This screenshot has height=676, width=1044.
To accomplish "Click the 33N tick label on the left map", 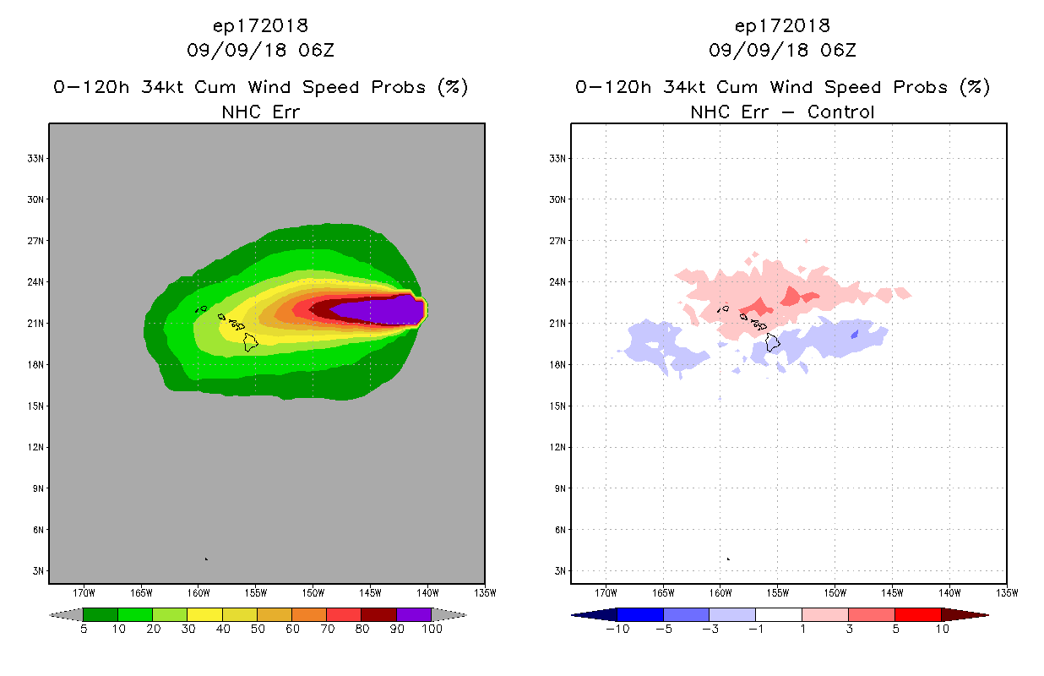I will pyautogui.click(x=37, y=158).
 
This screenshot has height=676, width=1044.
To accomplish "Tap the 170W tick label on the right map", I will pyautogui.click(x=606, y=592).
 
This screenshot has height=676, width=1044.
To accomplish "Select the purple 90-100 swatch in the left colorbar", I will pyautogui.click(x=414, y=614).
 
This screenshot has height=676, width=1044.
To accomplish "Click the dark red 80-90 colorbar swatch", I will pyautogui.click(x=378, y=614).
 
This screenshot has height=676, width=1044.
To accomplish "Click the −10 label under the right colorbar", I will pyautogui.click(x=617, y=629).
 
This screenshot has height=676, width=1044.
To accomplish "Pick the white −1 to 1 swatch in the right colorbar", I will pyautogui.click(x=778, y=614).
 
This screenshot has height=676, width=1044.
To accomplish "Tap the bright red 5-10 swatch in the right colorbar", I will pyautogui.click(x=917, y=614).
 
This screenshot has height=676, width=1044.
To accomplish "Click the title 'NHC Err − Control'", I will pyautogui.click(x=782, y=112).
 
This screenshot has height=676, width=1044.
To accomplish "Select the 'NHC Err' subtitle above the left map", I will pyautogui.click(x=259, y=112).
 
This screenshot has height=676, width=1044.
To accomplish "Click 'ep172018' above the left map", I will pyautogui.click(x=260, y=25).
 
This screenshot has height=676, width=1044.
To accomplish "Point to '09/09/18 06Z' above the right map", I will pyautogui.click(x=782, y=51).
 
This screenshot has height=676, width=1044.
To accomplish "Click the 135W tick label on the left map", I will pyautogui.click(x=484, y=592).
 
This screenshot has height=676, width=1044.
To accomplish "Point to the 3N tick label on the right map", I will pyautogui.click(x=559, y=571).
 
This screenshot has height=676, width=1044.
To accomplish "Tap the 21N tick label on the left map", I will pyautogui.click(x=37, y=323).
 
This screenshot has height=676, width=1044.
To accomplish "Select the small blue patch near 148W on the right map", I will pyautogui.click(x=855, y=335).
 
